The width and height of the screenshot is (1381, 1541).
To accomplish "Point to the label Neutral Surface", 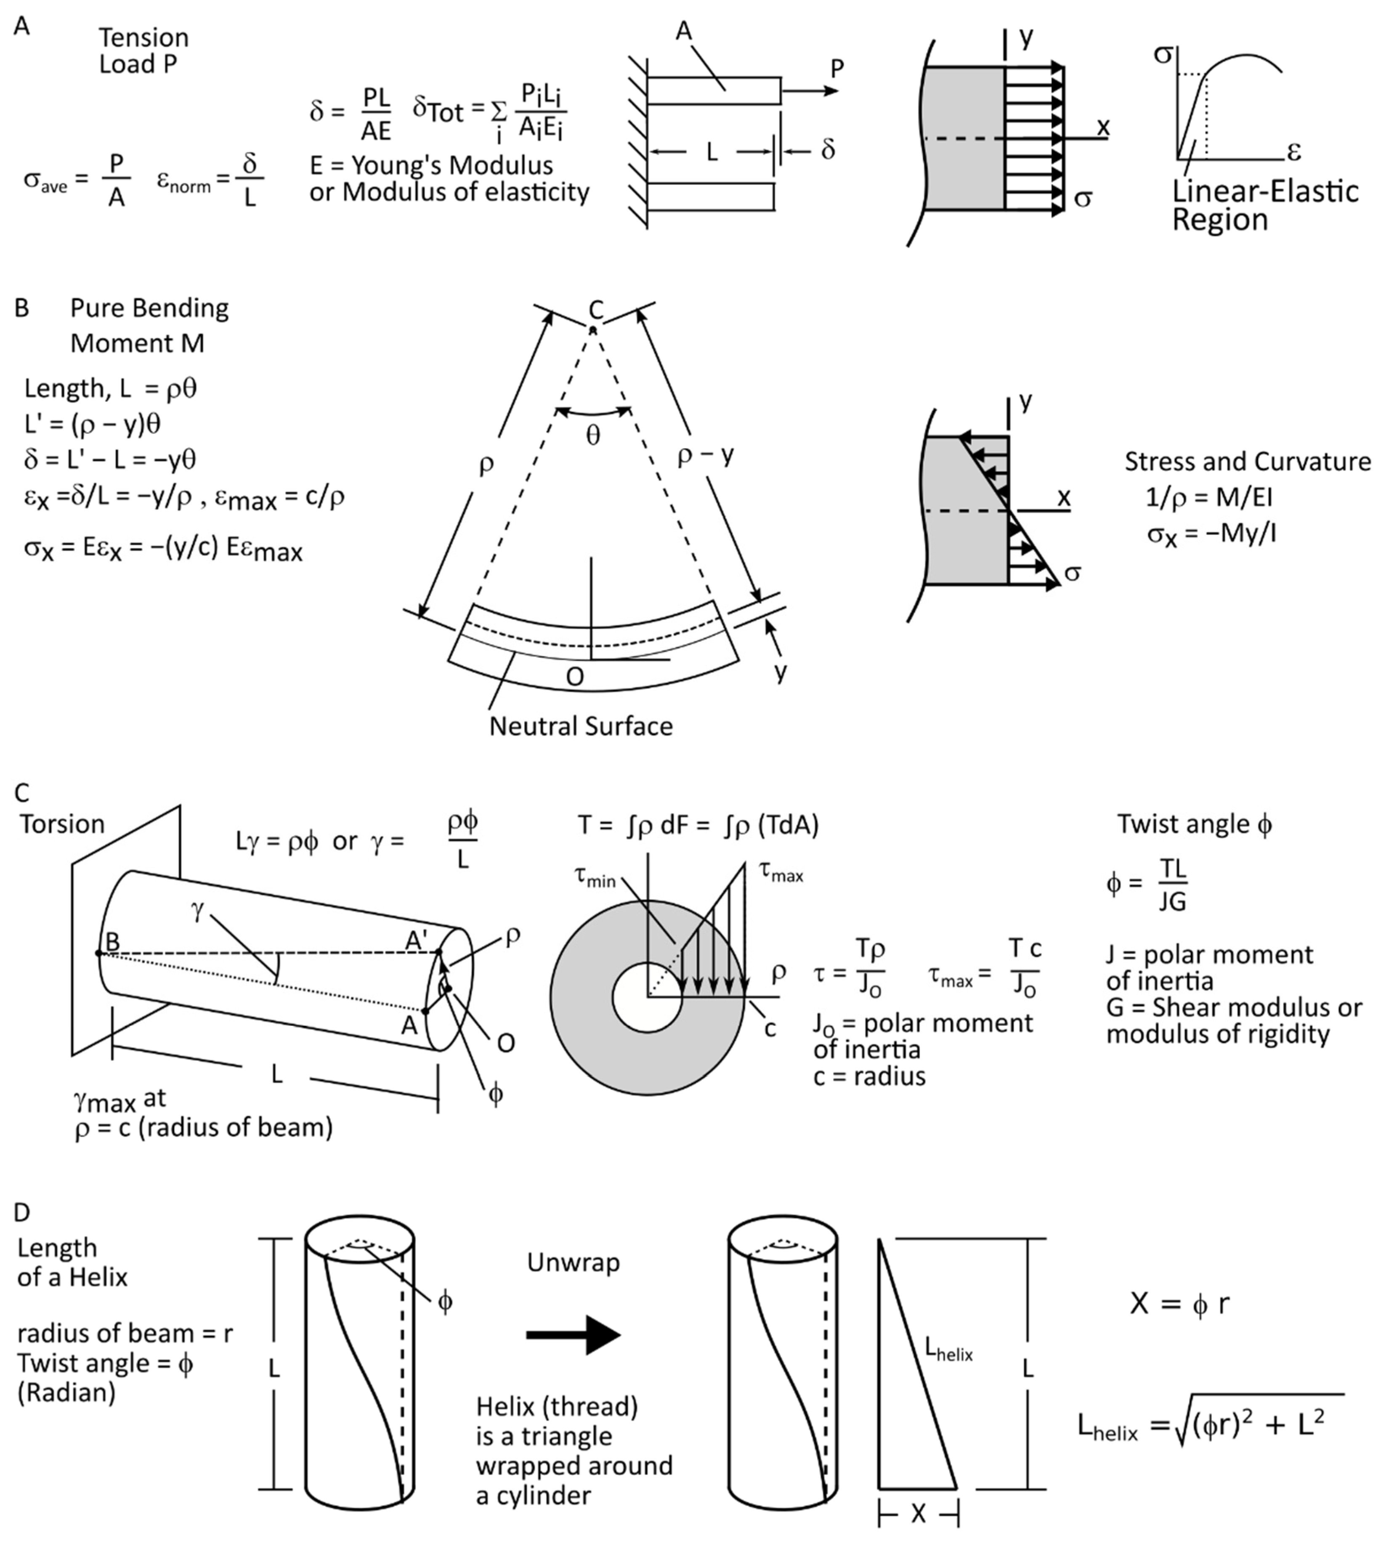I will point(581,726).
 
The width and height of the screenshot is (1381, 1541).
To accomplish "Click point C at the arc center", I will point(593,329).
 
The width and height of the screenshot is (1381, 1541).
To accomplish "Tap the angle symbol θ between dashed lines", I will point(593,435).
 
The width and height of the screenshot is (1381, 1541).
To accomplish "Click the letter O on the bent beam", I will point(574,676).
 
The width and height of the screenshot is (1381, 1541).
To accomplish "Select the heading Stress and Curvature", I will point(1247,461).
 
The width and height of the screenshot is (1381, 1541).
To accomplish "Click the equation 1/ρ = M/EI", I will point(1208,498).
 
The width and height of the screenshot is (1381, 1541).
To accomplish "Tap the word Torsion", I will point(62,824).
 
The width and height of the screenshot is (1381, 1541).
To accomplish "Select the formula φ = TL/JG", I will point(1147,885).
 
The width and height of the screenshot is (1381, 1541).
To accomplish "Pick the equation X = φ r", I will point(1179,1304).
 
